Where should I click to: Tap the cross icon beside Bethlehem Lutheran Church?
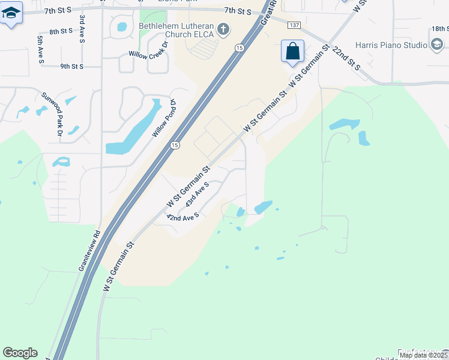223,29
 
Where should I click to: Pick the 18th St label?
439,28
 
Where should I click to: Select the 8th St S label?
61,31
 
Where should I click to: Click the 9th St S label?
71,66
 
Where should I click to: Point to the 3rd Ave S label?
82,29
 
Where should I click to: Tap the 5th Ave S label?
40,48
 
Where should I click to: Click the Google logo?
20,353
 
